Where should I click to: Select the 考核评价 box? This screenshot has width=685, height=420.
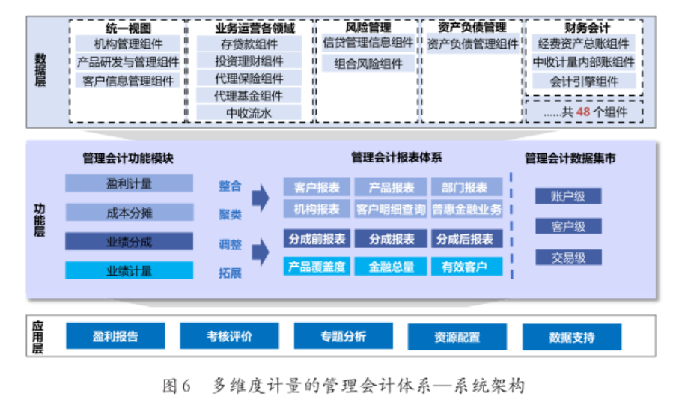tap(229, 337)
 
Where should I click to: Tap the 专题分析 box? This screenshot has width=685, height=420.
tap(344, 337)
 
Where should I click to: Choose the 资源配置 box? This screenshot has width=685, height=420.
tap(457, 337)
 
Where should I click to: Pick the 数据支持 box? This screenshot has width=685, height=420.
tap(572, 337)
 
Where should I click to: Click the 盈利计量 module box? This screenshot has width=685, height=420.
tap(129, 183)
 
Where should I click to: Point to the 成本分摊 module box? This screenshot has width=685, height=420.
tap(129, 213)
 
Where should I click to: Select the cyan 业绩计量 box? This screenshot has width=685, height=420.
tap(129, 270)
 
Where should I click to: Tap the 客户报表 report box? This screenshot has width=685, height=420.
tap(317, 187)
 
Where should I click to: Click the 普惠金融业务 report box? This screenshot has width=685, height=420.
tap(466, 209)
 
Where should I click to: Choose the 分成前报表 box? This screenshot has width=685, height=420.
tap(317, 239)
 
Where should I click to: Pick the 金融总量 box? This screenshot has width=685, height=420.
tap(392, 266)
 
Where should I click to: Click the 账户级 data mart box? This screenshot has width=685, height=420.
tap(568, 196)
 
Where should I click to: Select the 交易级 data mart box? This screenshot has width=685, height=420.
tap(568, 258)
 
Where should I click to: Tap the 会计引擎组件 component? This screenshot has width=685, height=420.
tap(584, 81)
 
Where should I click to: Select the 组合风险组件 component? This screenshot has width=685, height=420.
tap(368, 64)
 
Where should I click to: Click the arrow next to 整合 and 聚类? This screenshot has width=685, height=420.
tap(260, 198)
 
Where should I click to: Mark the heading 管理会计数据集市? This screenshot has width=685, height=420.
tap(570, 158)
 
